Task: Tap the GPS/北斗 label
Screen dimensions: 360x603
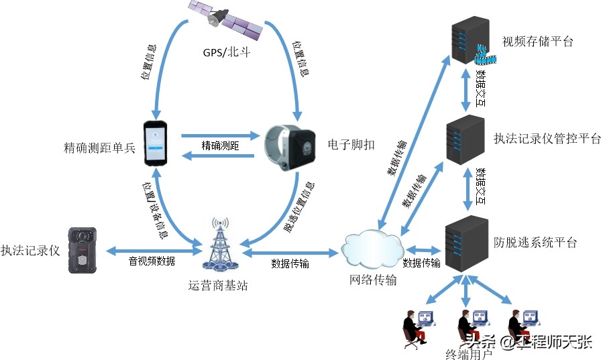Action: point(226,52)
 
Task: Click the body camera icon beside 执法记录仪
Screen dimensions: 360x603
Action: point(82,250)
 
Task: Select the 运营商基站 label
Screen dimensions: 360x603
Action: point(218,286)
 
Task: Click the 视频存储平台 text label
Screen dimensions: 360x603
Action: point(538,42)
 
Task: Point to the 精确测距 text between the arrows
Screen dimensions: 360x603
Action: point(221,145)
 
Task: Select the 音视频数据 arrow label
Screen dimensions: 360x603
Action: point(152,261)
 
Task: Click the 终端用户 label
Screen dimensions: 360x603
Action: point(468,353)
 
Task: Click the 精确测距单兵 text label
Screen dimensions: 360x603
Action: point(99,147)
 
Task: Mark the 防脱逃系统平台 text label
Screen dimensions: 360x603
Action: point(536,243)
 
